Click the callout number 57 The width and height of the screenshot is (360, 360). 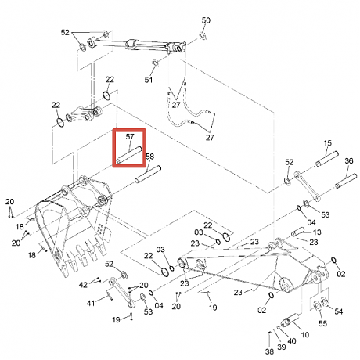tap(130, 136)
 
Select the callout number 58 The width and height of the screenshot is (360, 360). tap(149, 157)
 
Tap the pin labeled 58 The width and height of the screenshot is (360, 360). tap(148, 175)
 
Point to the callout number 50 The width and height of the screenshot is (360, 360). tap(206, 20)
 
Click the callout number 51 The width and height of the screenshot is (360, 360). tap(149, 80)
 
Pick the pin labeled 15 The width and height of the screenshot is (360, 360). tap(327, 159)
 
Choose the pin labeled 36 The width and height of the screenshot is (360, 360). tap(346, 181)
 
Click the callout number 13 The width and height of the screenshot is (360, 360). tap(317, 232)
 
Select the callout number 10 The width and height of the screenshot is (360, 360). tap(305, 334)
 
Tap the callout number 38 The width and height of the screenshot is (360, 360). tap(269, 351)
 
